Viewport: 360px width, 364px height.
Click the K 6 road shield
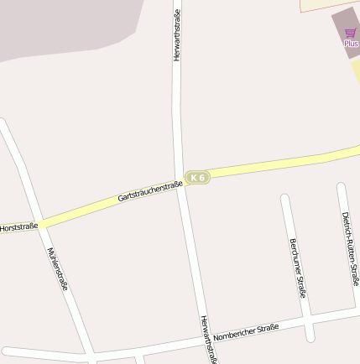pyautogui.click(x=197, y=178)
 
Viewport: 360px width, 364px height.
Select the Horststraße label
pyautogui.click(x=18, y=227)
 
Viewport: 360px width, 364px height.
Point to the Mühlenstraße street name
pyautogui.click(x=58, y=268)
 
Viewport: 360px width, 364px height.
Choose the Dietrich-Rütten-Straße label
pyautogui.click(x=350, y=249)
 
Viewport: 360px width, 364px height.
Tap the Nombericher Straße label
pyautogui.click(x=246, y=331)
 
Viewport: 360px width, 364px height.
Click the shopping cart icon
pyautogui.click(x=350, y=34)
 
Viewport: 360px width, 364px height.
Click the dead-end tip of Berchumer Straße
pyautogui.click(x=285, y=200)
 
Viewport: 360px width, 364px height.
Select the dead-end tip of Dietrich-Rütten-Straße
pyautogui.click(x=342, y=187)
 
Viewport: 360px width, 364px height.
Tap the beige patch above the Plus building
pyautogui.click(x=327, y=4)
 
